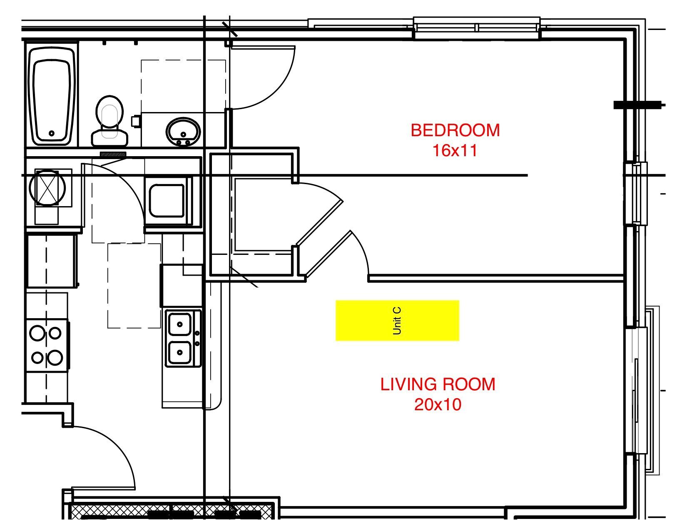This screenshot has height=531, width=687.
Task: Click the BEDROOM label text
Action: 455,130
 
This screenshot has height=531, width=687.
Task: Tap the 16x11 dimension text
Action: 455,150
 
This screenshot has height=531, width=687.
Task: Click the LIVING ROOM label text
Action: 438,384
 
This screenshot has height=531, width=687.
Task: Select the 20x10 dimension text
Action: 438,404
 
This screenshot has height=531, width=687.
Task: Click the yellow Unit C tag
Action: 397,320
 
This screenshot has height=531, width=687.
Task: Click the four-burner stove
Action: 46,345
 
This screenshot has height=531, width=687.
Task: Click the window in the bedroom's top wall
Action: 476,27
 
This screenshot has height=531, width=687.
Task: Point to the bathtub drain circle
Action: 52,134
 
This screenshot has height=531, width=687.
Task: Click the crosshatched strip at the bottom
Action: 171,510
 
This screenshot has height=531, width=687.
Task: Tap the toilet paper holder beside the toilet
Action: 135,121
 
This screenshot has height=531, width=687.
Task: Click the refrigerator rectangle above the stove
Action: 52,261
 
